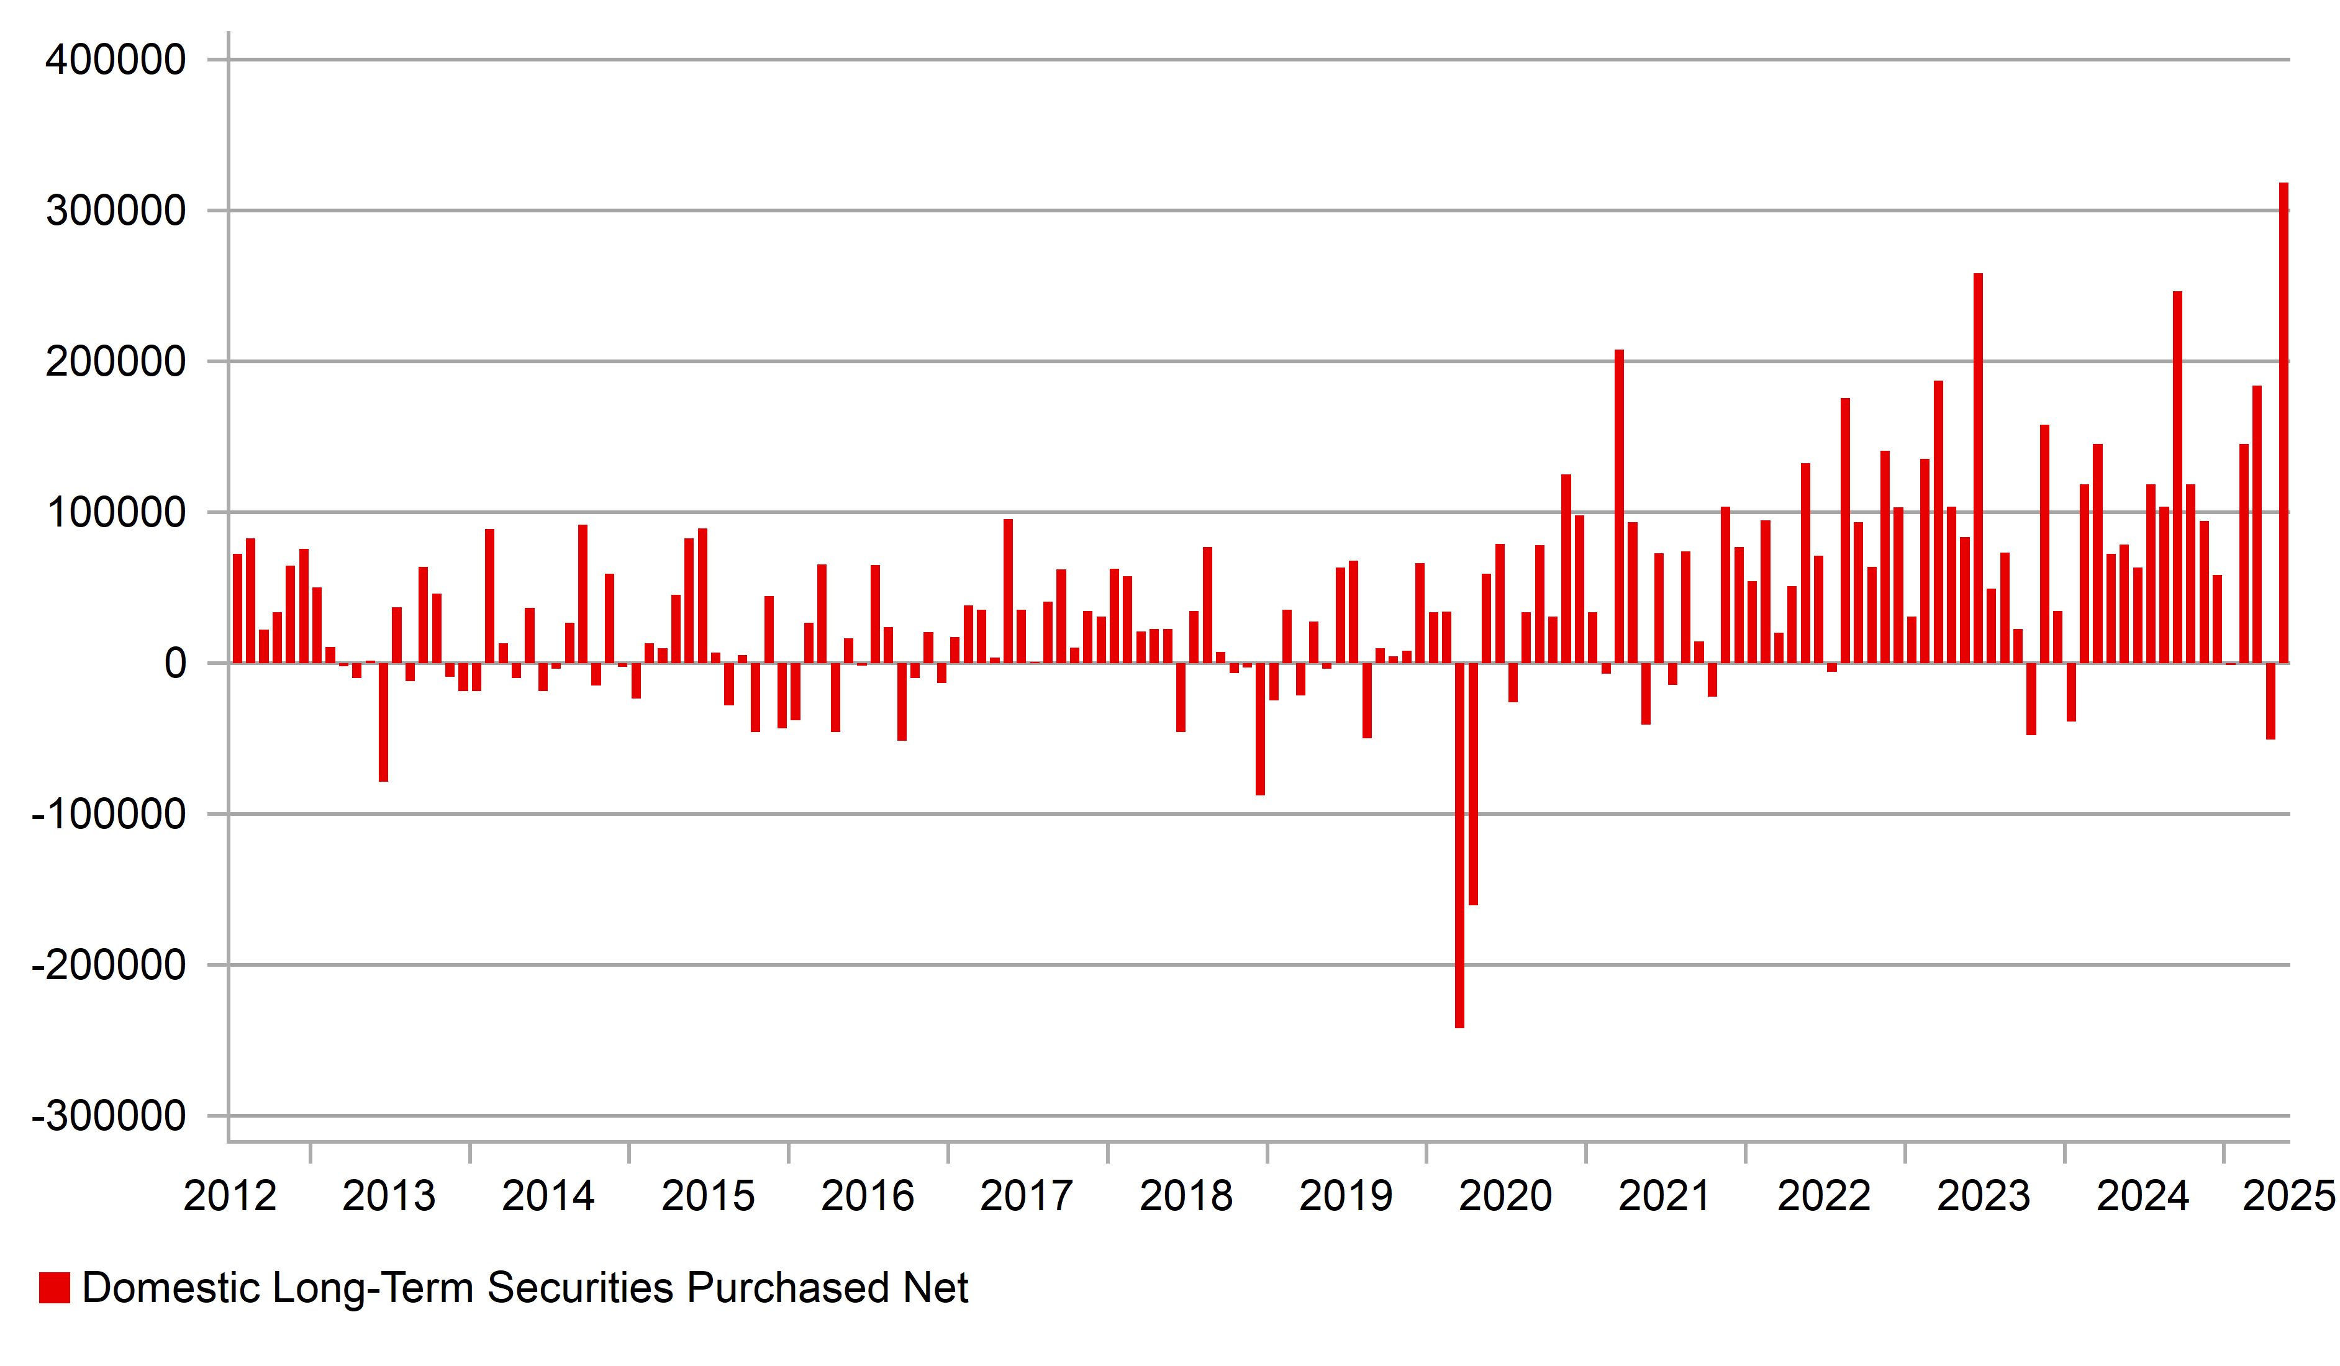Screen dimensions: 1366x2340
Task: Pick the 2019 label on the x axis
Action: tap(1346, 1196)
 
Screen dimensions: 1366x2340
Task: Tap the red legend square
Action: tap(55, 1288)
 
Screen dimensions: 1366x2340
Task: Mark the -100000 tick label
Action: tap(109, 815)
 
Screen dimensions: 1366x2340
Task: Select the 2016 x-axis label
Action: tap(868, 1196)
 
